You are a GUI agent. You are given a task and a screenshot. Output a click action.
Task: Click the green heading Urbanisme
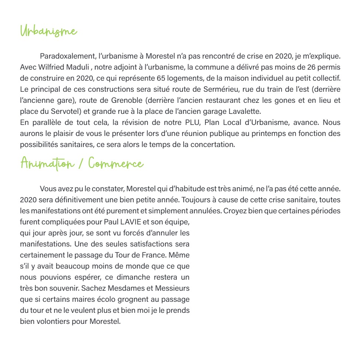click(x=49, y=31)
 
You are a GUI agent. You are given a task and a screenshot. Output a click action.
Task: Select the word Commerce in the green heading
click(x=116, y=163)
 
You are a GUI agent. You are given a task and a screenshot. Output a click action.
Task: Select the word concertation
click(x=212, y=144)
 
